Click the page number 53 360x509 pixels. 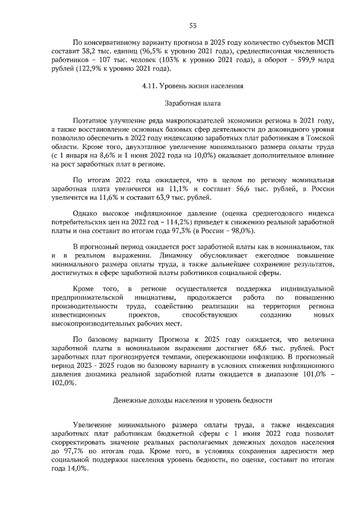192,25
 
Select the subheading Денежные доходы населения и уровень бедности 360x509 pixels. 192,400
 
